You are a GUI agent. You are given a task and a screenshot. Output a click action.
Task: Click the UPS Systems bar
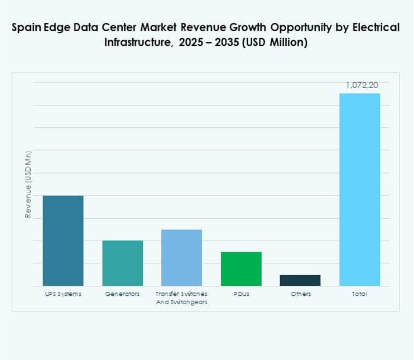click(x=63, y=241)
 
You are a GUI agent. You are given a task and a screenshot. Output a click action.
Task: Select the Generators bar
click(x=122, y=263)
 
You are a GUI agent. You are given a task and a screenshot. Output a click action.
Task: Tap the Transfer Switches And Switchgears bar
click(x=181, y=257)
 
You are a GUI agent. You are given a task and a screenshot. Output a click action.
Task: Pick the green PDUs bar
click(x=241, y=268)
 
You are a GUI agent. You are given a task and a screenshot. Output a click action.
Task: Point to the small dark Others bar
click(x=300, y=280)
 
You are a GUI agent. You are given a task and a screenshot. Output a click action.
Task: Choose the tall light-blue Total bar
click(x=360, y=189)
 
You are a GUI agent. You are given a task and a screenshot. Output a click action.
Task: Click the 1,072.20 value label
click(x=362, y=85)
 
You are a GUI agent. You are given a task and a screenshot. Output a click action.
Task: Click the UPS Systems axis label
click(x=63, y=294)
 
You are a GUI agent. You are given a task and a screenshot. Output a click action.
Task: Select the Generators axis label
click(x=122, y=294)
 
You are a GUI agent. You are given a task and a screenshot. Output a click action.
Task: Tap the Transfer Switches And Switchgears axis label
click(x=181, y=298)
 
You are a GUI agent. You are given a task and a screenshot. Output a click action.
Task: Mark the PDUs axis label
click(x=241, y=294)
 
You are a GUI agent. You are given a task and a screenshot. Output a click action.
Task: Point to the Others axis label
click(x=301, y=294)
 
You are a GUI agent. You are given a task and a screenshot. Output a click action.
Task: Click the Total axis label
click(x=360, y=294)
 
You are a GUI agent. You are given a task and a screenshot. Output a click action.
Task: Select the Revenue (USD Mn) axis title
click(x=28, y=184)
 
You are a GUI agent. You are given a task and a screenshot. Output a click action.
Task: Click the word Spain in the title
click(x=26, y=27)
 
